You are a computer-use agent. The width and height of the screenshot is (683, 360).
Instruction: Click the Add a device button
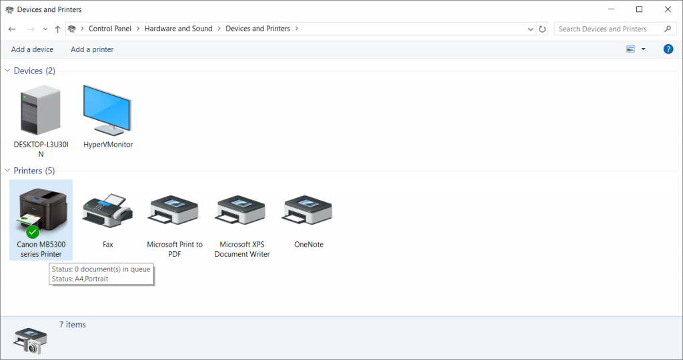[x=32, y=49]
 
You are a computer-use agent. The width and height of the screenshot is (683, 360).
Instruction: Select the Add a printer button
[x=92, y=49]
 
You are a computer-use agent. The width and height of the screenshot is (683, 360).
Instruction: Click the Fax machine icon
[x=107, y=211]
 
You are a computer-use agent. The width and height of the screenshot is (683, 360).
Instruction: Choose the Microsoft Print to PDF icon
[x=175, y=211]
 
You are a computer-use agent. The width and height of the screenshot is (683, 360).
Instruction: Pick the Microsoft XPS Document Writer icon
[x=241, y=211]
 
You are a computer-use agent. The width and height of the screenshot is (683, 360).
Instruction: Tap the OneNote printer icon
[x=308, y=211]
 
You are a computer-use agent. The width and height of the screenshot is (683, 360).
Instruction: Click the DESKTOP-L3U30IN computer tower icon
[x=41, y=110]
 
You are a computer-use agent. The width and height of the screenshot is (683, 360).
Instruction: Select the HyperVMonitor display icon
[x=107, y=110]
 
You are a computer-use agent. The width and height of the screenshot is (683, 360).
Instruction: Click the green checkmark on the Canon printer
[x=33, y=232]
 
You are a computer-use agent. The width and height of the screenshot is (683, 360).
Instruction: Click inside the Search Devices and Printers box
[x=610, y=29]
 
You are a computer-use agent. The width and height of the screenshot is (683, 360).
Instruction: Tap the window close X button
[x=668, y=9]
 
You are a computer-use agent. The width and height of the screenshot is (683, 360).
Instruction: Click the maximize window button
[x=640, y=9]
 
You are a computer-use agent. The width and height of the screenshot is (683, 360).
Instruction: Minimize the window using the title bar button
[x=611, y=9]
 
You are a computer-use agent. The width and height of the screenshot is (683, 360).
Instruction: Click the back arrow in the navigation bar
[x=12, y=29]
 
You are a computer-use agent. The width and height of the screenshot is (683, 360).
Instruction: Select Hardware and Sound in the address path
[x=178, y=29]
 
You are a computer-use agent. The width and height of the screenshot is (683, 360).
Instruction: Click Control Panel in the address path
[x=110, y=29]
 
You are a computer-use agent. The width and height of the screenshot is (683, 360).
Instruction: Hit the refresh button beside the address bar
[x=542, y=29]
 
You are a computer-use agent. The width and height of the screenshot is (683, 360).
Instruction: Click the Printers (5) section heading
[x=34, y=171]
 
